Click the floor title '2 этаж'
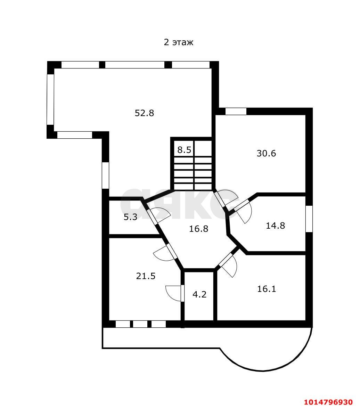179,42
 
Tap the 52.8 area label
144,113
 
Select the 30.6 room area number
266,153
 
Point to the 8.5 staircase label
184,150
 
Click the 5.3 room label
130,217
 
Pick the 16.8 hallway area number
198,229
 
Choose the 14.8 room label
275,225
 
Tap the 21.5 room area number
146,276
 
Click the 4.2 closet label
199,294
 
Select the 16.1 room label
267,289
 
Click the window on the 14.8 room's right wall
309,219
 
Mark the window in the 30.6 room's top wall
236,111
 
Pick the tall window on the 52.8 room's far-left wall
50,100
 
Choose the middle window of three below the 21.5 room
140,324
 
